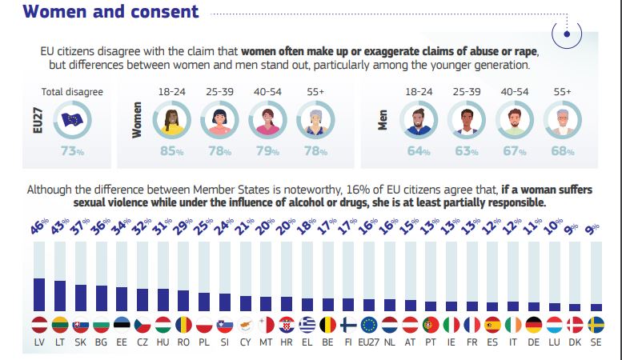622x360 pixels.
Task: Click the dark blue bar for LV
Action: click(38, 294)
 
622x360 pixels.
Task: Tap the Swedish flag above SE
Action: click(596, 325)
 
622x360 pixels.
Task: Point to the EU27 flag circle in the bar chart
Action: click(369, 325)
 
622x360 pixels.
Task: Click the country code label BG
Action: click(100, 341)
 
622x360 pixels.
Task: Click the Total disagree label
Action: click(72, 92)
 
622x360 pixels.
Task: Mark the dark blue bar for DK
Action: click(575, 306)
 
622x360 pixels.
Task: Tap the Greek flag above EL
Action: click(307, 325)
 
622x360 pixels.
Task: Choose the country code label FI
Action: click(348, 341)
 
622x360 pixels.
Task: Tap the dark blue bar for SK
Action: click(79, 297)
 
